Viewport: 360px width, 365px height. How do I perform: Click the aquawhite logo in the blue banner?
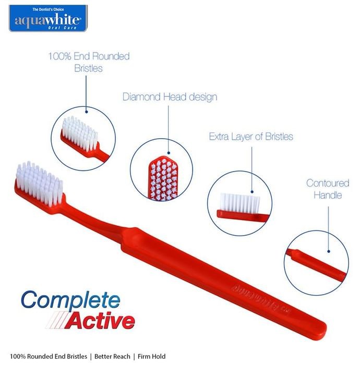coord(48,18)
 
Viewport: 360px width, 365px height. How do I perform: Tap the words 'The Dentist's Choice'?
coord(48,9)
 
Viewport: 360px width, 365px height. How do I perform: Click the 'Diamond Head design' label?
coord(170,97)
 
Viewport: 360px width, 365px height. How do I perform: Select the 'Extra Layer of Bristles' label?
coord(251,137)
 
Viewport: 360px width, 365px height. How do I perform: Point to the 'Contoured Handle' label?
coord(328,189)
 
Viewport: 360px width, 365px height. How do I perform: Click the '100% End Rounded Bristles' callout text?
coord(89,63)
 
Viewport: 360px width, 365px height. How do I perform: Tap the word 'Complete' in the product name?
coord(70,300)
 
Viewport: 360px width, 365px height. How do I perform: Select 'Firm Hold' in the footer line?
coord(152,356)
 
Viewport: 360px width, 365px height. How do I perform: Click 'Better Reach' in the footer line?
coord(112,356)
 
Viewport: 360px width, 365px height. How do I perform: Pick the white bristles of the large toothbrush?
coord(39,183)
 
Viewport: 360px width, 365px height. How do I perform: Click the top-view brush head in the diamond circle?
coord(163,178)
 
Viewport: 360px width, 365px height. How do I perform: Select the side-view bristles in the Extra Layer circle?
coord(240,203)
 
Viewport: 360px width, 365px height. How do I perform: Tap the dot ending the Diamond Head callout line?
coord(169,153)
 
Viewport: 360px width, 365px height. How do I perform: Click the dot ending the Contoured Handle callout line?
coord(329,251)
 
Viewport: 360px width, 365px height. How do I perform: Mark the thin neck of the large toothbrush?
coord(93,221)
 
